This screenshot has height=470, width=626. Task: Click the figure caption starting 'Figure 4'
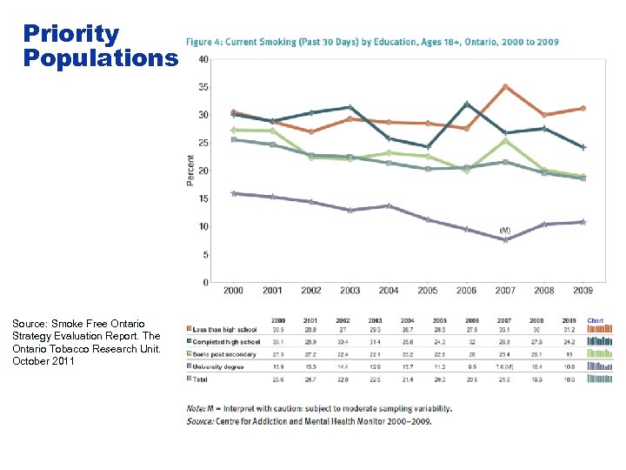tap(371, 42)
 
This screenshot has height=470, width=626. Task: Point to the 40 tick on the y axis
tap(203, 59)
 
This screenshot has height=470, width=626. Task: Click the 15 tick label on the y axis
tap(203, 198)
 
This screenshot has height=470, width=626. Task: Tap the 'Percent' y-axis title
tap(190, 170)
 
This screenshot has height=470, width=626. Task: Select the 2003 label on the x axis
tap(350, 291)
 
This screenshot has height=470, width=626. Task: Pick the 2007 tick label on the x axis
tap(505, 291)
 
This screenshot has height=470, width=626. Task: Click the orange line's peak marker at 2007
tap(505, 86)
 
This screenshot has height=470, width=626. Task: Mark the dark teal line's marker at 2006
tap(467, 104)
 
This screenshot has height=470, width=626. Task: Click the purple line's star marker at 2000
tap(233, 193)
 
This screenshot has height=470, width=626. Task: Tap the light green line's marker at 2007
tap(505, 140)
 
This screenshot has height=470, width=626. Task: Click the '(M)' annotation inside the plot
tap(505, 230)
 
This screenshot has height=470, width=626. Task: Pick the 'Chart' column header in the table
tap(596, 319)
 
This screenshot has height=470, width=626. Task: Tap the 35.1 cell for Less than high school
tap(504, 329)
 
